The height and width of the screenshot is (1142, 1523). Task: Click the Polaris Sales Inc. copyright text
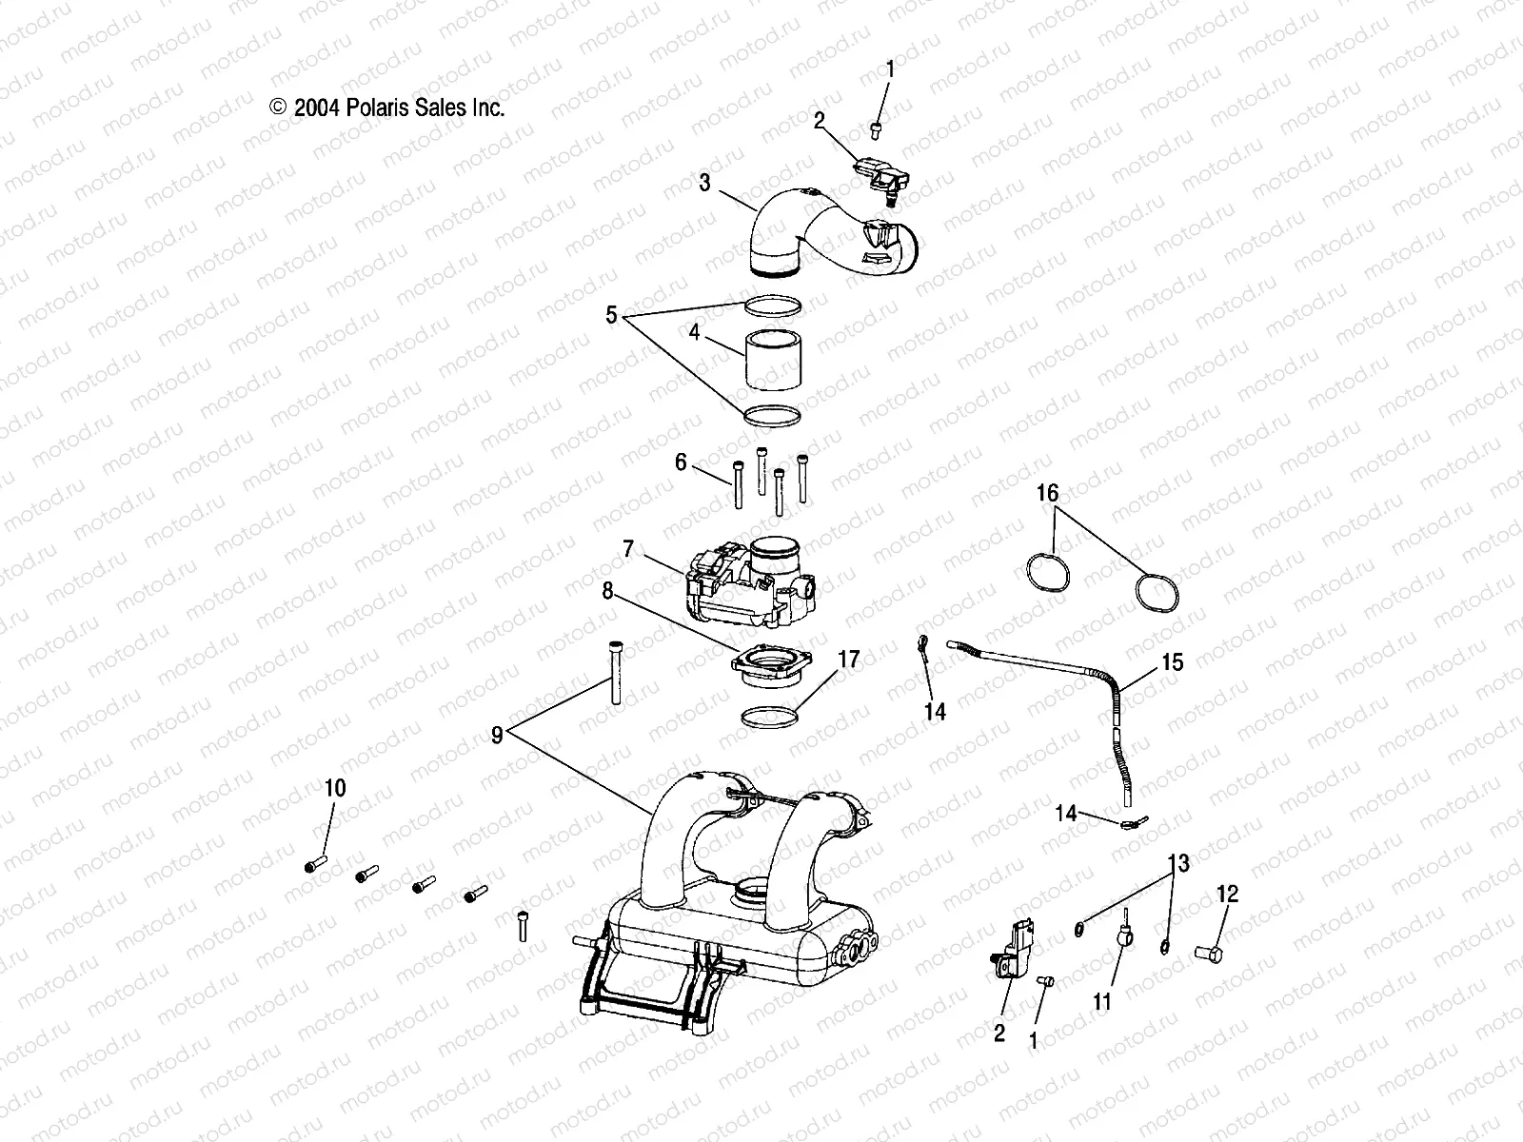click(x=387, y=108)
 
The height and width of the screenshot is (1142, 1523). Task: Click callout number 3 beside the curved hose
click(x=704, y=183)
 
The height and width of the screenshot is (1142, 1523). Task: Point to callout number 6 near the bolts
click(x=681, y=463)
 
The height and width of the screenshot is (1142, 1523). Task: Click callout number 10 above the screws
click(x=335, y=788)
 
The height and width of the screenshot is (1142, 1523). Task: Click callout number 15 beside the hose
click(x=1172, y=661)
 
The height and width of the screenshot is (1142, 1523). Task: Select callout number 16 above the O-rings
click(x=1047, y=493)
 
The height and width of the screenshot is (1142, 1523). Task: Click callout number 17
click(x=848, y=659)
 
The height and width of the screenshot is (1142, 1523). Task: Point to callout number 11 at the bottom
click(x=1101, y=1001)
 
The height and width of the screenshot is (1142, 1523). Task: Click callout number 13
click(x=1178, y=864)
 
